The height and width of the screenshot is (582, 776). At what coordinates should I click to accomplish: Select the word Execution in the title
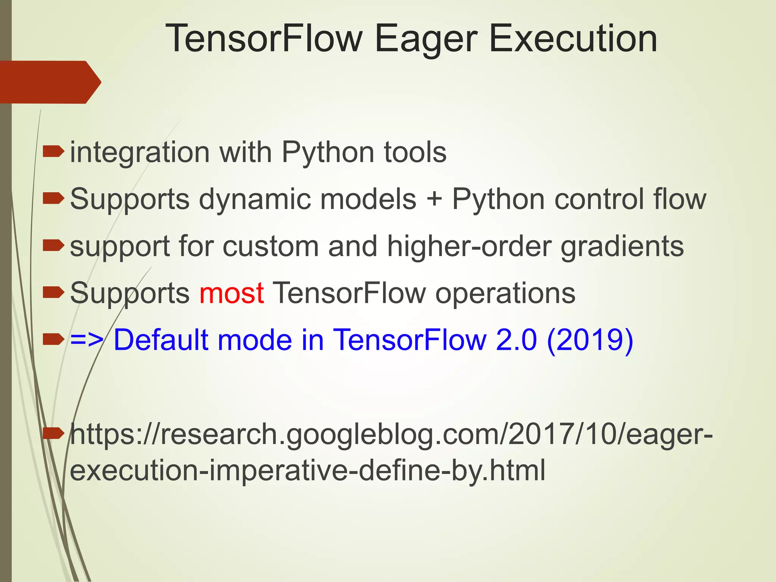point(573,39)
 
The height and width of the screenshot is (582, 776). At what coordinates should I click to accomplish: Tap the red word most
point(231,293)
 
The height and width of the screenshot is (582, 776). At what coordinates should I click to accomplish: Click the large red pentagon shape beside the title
point(49,82)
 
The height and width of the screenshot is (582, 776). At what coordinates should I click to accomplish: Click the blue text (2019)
point(590,340)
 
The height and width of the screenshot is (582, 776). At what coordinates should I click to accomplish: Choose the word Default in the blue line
point(161,340)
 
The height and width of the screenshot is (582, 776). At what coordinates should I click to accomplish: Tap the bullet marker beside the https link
point(53,433)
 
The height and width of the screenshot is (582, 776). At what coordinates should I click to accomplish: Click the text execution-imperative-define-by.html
point(307,470)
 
